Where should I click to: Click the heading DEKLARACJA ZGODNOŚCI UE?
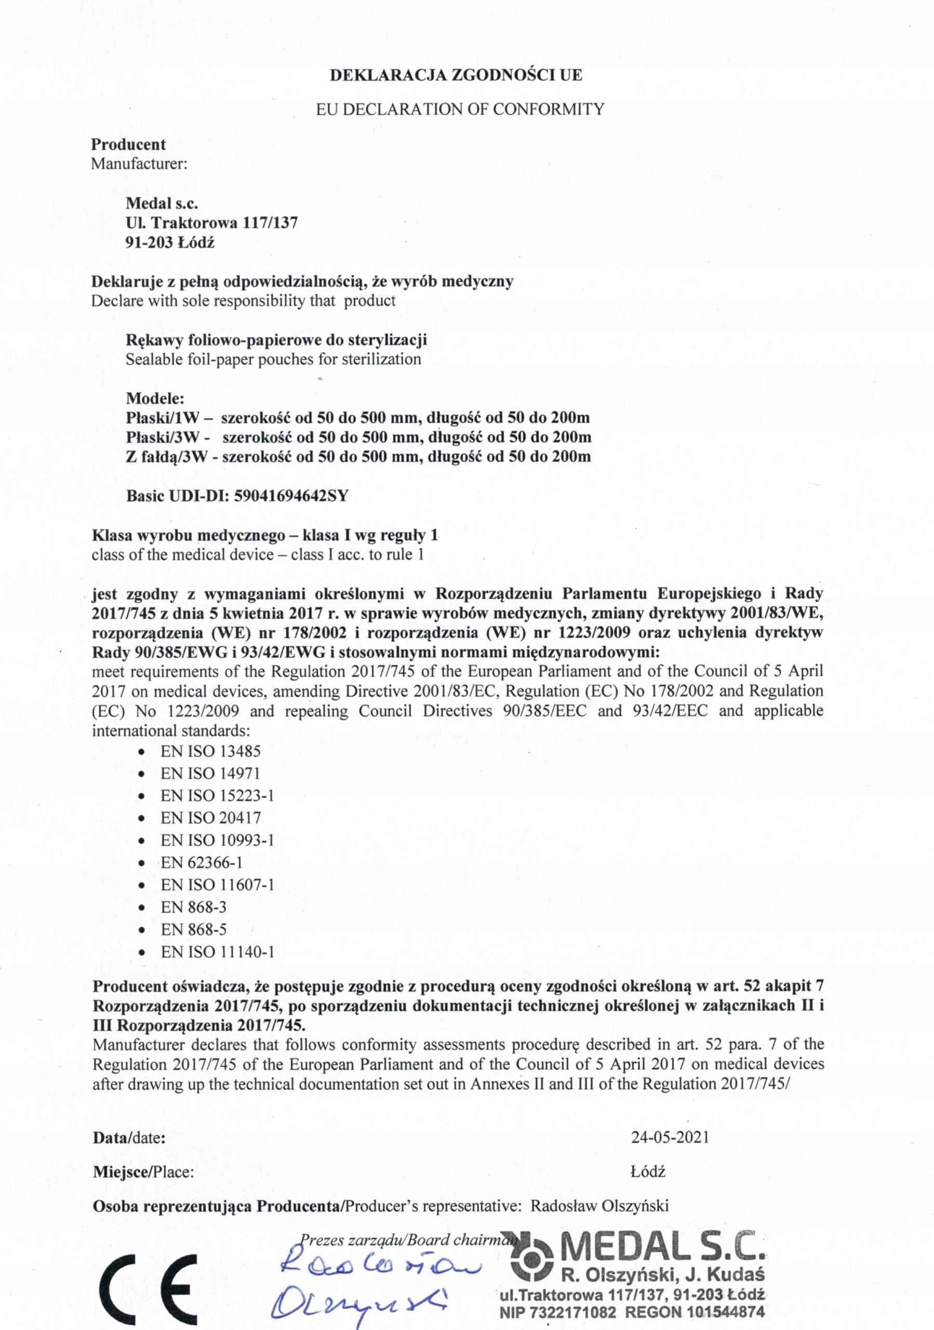click(x=456, y=75)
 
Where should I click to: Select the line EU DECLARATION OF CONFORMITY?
click(x=460, y=109)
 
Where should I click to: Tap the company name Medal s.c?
click(x=162, y=203)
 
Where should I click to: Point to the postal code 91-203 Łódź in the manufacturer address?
click(x=170, y=242)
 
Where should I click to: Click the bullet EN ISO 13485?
click(x=211, y=751)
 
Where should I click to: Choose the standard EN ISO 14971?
click(x=211, y=774)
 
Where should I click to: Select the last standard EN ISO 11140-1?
click(x=218, y=952)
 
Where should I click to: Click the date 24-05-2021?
click(x=670, y=1137)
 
